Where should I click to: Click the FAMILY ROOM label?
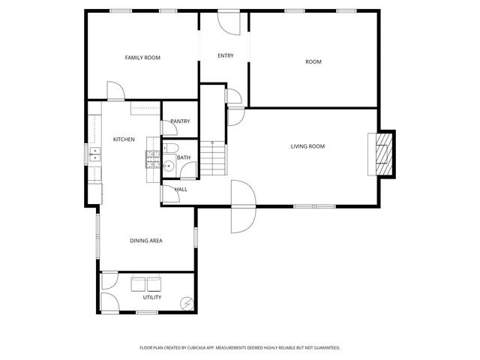pyautogui.click(x=142, y=58)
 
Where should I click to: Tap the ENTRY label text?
pyautogui.click(x=225, y=56)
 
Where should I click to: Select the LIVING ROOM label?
pyautogui.click(x=307, y=146)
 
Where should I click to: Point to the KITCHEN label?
pyautogui.click(x=124, y=139)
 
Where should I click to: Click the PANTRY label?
pyautogui.click(x=180, y=121)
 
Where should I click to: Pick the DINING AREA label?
pyautogui.click(x=146, y=241)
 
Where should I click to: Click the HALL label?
pyautogui.click(x=181, y=189)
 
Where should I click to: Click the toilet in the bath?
pyautogui.click(x=170, y=148)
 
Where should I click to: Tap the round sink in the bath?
pyautogui.click(x=169, y=166)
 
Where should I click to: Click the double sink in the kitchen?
pyautogui.click(x=95, y=154)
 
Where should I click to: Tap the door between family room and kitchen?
pyautogui.click(x=115, y=91)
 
